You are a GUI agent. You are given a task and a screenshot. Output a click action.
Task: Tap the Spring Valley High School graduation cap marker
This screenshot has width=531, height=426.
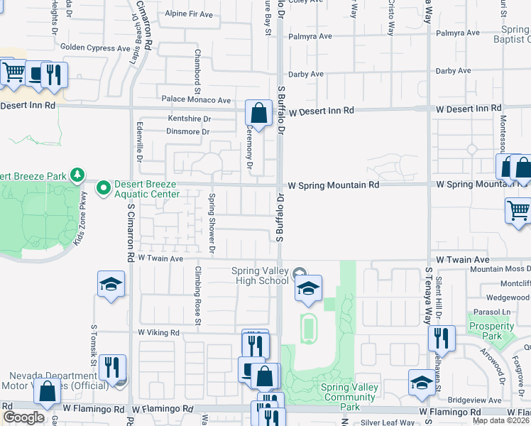308,288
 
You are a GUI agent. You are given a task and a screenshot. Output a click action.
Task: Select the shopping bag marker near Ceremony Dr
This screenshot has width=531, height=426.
258,112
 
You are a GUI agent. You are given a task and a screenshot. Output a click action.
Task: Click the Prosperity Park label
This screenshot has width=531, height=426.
486,331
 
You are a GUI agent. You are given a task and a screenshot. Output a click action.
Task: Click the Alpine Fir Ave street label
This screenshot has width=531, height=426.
188,14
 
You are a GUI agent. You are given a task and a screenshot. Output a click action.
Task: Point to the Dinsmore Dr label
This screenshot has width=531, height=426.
188,131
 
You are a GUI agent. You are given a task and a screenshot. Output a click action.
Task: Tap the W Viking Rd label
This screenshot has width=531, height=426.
160,332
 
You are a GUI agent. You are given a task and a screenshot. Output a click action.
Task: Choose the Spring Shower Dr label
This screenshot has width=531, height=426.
211,223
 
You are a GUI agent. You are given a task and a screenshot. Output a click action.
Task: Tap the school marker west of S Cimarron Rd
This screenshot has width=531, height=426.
111,285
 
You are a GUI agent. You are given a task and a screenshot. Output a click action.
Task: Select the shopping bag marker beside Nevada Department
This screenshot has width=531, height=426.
47,393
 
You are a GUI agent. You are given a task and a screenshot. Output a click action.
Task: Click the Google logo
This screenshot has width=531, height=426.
23,418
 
